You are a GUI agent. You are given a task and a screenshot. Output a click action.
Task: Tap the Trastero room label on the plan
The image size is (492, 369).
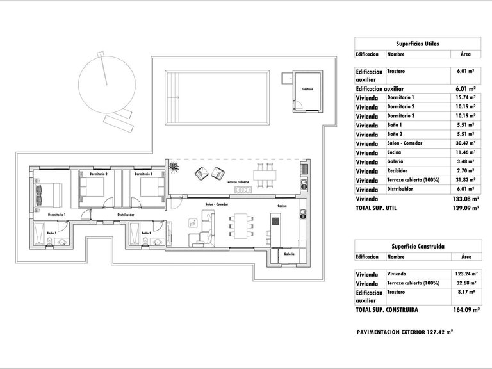coord(307,90)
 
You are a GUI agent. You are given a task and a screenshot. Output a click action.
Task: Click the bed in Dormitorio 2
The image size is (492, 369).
coord(94,188)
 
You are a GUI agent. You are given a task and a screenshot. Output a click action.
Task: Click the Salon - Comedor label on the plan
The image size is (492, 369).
coord(217,204)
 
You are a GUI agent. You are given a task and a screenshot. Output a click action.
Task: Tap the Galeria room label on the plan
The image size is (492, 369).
coord(290,254)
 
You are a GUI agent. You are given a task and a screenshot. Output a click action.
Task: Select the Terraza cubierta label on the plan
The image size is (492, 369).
coord(238,183)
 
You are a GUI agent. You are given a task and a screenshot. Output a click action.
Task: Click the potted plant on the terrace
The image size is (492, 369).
coord(174,167)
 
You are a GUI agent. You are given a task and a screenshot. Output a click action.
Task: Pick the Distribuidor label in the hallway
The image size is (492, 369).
coord(126,214)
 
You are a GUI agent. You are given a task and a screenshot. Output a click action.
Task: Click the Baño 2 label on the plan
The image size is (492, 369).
coord(146,233)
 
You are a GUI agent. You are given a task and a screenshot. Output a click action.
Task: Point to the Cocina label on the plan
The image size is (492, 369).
coord(282,206)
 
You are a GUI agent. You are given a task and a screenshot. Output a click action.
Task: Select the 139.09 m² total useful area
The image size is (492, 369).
coord(466,208)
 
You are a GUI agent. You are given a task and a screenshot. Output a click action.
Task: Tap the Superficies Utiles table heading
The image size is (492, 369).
coord(417,44)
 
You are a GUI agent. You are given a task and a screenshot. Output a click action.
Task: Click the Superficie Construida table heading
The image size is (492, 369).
coord(417,246)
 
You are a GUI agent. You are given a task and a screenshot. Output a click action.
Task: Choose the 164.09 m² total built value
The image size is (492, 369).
coord(466,309)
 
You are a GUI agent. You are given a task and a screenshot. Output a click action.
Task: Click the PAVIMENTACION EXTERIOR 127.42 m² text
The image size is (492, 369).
coord(404,332)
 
